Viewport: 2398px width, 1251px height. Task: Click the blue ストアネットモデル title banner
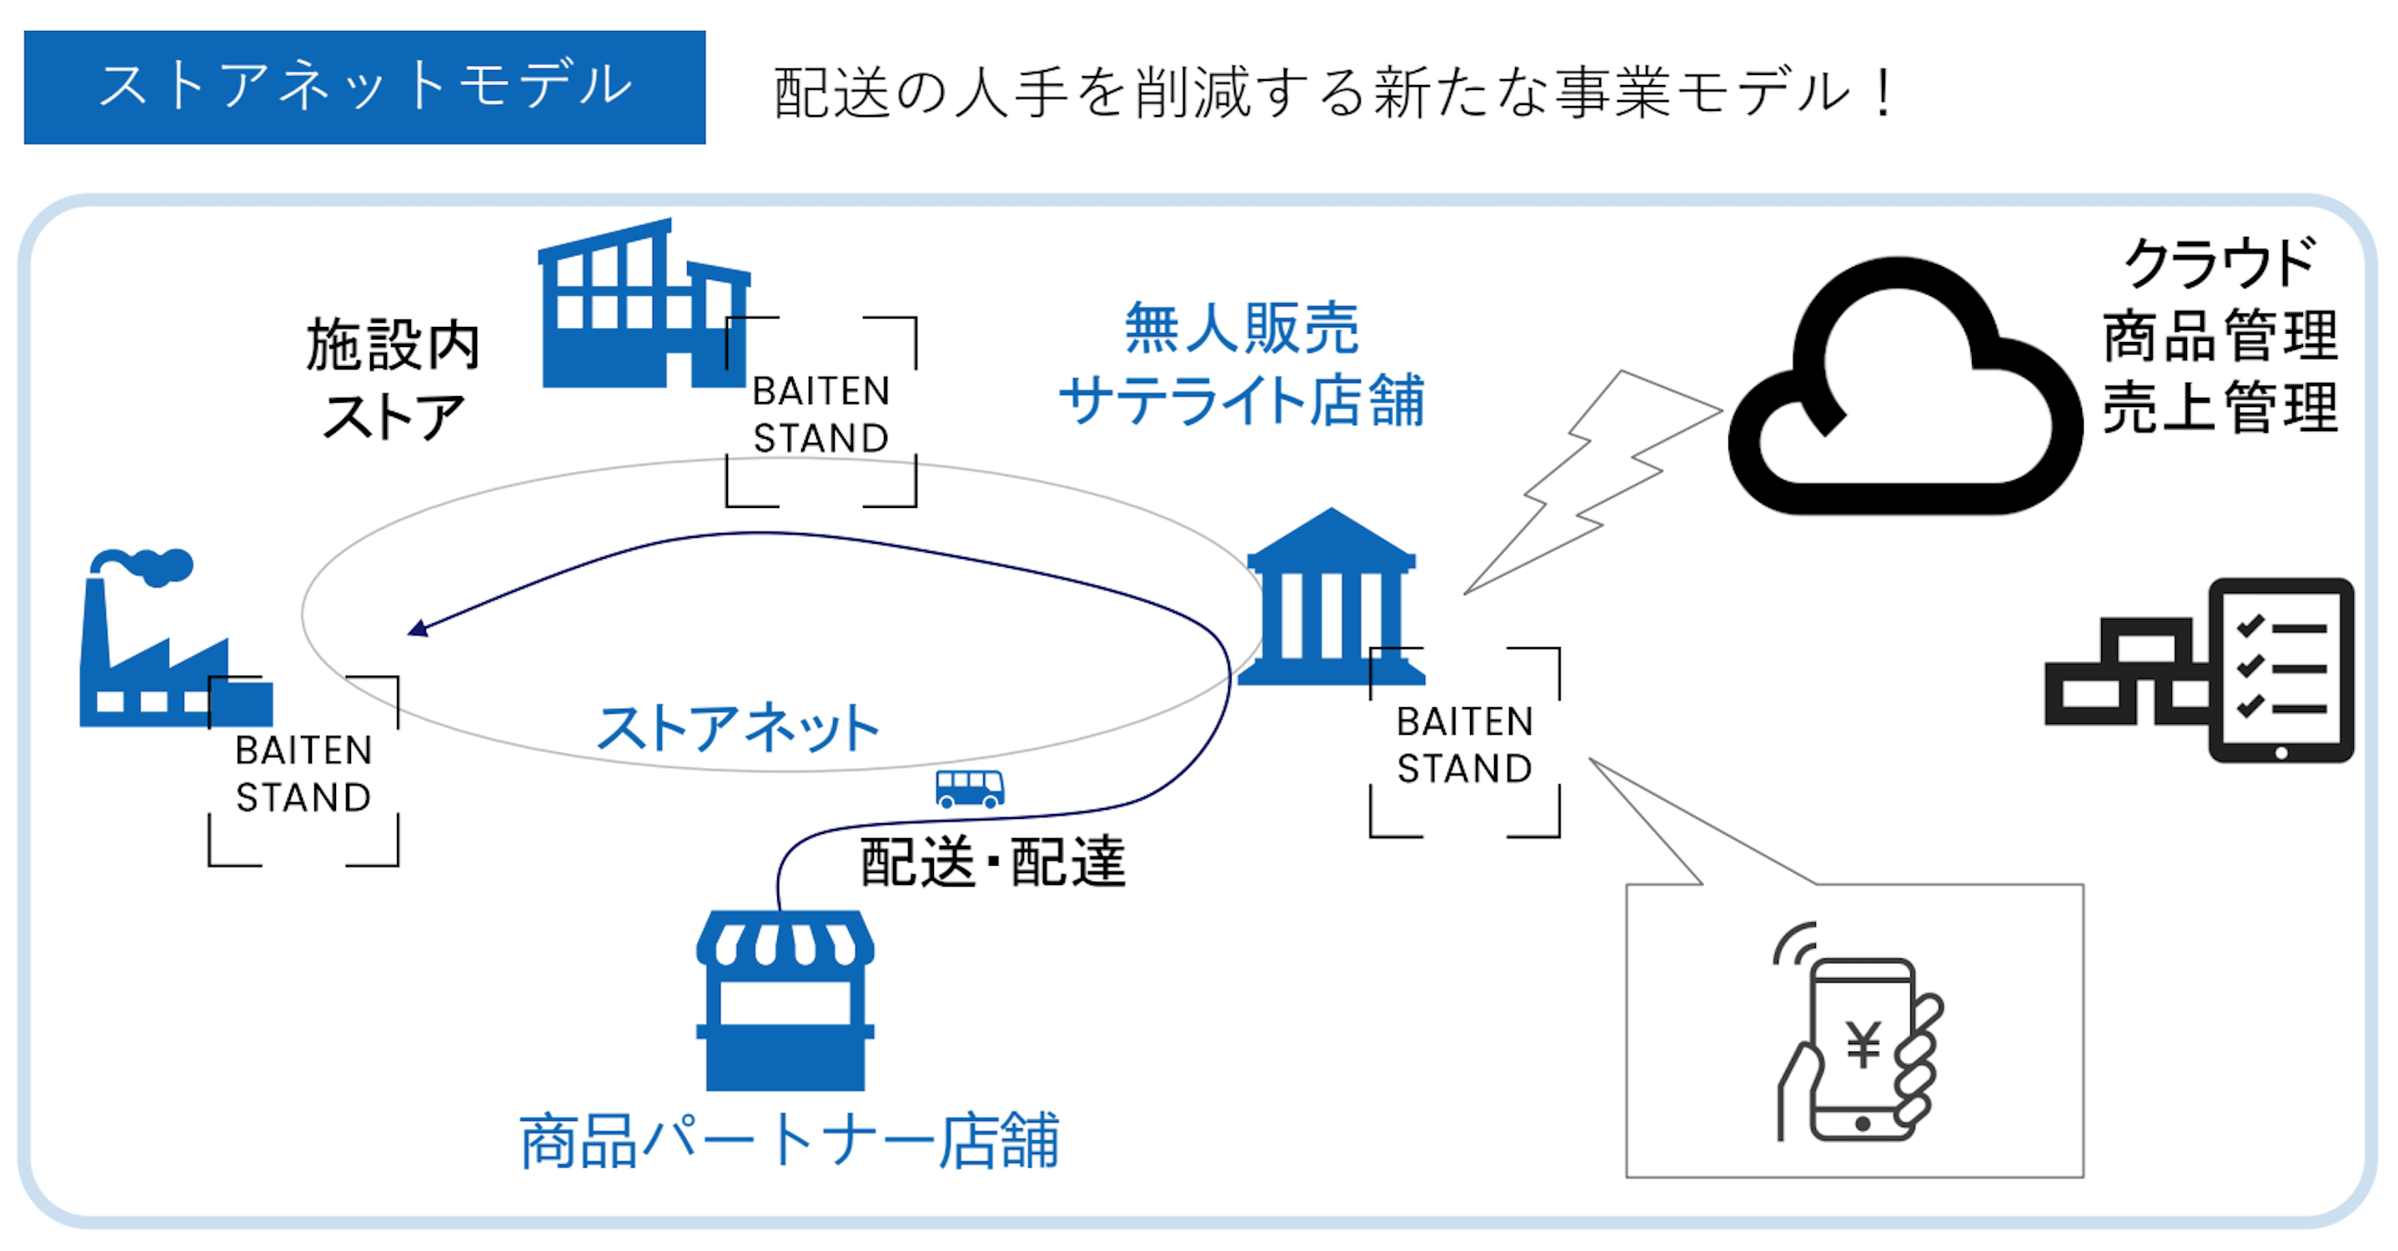(364, 87)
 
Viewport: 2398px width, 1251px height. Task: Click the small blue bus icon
(969, 788)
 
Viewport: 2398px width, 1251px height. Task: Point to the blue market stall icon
(785, 1001)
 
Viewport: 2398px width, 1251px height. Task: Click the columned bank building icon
(1332, 600)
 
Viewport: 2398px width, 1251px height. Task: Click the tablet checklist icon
(2280, 671)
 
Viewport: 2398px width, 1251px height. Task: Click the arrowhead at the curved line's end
(418, 629)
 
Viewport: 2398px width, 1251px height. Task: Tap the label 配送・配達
(992, 862)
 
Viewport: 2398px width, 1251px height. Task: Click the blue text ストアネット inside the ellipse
(737, 728)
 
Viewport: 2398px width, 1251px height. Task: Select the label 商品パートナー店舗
(790, 1141)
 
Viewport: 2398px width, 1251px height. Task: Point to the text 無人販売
(1241, 328)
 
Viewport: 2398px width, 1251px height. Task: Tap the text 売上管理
(2220, 408)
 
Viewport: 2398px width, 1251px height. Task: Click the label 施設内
(393, 344)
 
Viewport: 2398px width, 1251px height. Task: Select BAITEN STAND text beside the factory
(304, 773)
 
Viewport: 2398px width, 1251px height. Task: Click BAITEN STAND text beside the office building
(821, 414)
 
